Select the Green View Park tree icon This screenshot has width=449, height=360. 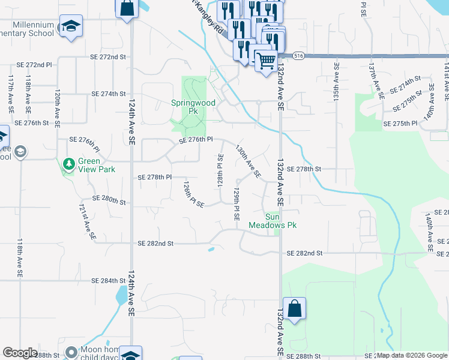click(x=69, y=164)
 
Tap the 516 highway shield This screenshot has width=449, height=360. click(x=298, y=55)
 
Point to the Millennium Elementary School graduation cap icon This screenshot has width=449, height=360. click(x=71, y=26)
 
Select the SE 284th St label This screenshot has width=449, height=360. click(x=109, y=280)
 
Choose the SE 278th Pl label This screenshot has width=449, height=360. click(x=155, y=178)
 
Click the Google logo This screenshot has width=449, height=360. click(x=20, y=353)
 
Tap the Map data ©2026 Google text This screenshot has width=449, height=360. click(x=412, y=356)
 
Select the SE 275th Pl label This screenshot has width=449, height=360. click(x=400, y=123)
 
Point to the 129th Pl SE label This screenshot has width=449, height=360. click(x=237, y=204)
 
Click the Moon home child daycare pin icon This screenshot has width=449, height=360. click(x=71, y=352)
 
